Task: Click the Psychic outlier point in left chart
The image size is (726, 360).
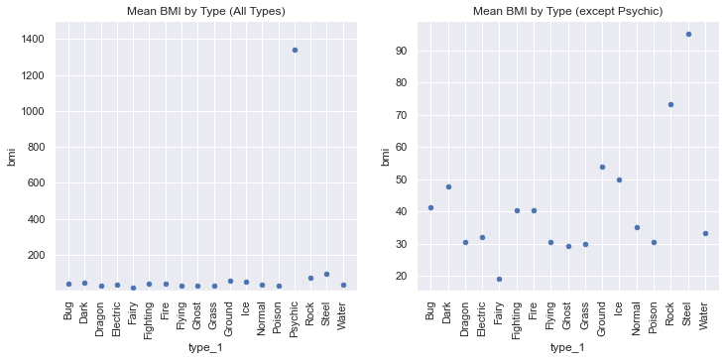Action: [x=295, y=50]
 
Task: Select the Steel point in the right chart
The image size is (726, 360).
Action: [x=688, y=34]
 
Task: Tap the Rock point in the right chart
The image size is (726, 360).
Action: [x=670, y=104]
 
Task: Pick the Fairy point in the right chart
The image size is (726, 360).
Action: [x=499, y=279]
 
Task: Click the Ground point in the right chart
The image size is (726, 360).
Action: [x=602, y=167]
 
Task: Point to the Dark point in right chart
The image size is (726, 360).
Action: [x=448, y=186]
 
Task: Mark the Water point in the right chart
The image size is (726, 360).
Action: [x=705, y=234]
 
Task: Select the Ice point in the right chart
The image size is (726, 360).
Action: [x=619, y=180]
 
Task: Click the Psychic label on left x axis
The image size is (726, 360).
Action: [x=296, y=316]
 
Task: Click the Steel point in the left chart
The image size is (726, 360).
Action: [x=326, y=274]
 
